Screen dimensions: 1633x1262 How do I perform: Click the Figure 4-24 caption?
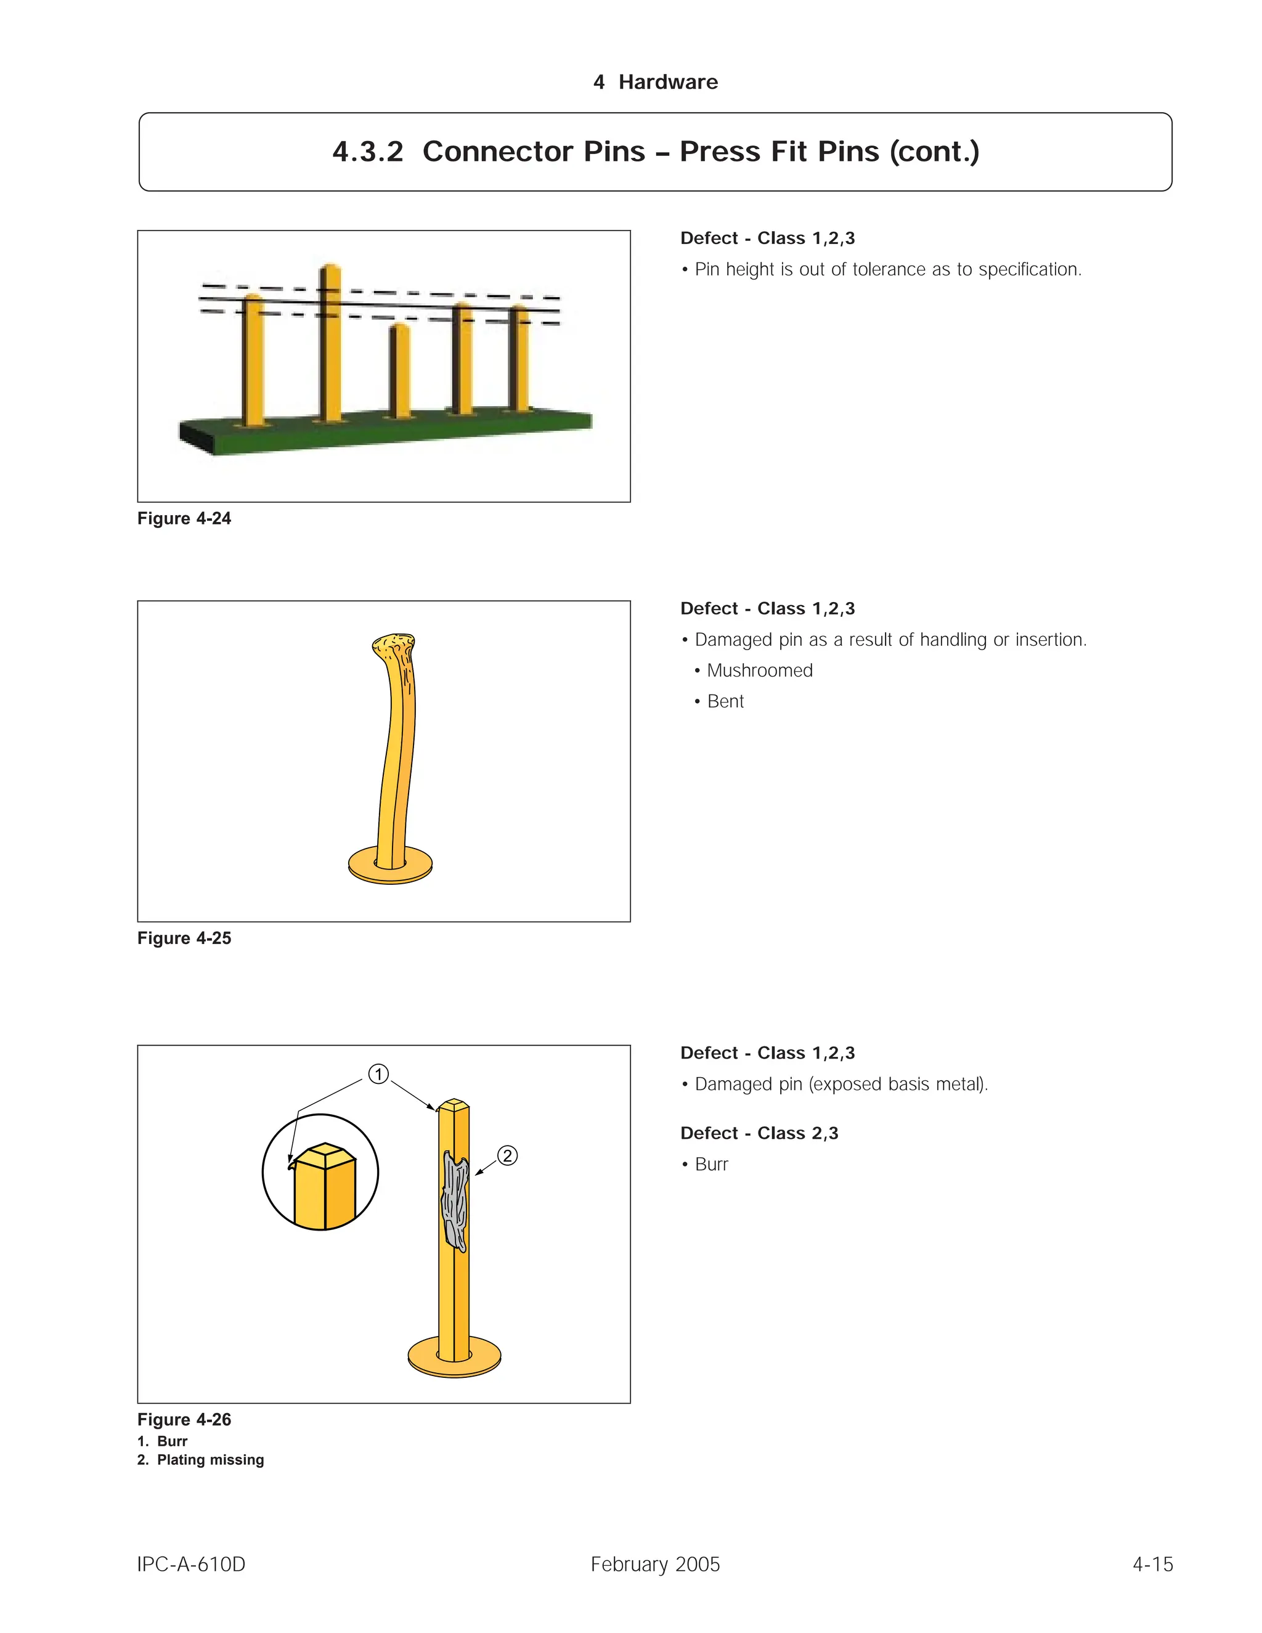tap(184, 518)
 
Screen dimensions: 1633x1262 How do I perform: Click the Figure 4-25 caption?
tap(184, 938)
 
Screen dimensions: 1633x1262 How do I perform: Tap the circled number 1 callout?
tap(378, 1075)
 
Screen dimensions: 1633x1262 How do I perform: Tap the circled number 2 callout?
tap(507, 1155)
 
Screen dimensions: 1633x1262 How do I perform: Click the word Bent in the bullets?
tap(725, 701)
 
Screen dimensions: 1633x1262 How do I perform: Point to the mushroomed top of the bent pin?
tap(394, 645)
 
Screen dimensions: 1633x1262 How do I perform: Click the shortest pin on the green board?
tap(401, 371)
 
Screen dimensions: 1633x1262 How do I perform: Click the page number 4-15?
tap(1152, 1564)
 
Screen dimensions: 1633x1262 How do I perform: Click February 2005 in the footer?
tap(655, 1564)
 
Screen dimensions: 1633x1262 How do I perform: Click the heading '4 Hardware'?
tap(655, 82)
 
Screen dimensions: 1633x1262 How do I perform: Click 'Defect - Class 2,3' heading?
tap(759, 1133)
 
